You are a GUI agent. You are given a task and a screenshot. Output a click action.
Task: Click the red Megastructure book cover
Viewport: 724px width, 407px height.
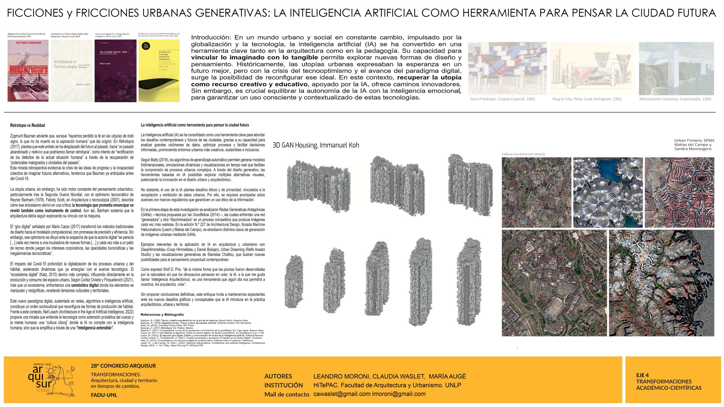coord(28,71)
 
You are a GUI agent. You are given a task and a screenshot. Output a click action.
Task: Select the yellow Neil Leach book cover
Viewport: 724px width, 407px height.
coord(159,71)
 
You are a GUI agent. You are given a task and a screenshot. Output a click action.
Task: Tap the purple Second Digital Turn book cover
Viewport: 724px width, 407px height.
coord(115,71)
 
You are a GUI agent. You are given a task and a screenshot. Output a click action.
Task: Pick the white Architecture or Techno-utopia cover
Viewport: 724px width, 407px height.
coord(72,71)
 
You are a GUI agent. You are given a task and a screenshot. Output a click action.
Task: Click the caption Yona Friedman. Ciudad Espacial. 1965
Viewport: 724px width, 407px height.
coord(502,99)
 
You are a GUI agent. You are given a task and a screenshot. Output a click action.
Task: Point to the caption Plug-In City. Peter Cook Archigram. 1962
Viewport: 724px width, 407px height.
coord(587,99)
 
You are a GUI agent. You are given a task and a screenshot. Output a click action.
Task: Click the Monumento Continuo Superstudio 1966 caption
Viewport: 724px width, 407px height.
coord(675,99)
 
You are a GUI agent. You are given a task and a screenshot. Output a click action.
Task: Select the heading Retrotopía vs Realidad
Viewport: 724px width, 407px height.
coord(27,125)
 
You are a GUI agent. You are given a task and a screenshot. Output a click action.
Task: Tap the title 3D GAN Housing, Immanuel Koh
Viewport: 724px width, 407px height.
coord(316,145)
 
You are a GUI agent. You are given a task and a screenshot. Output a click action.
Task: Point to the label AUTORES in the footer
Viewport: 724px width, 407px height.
coord(278,376)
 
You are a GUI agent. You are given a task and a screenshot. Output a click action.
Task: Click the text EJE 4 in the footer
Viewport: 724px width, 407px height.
coord(642,375)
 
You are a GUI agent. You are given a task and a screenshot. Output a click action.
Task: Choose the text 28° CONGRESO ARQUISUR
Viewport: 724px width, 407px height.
coord(123,366)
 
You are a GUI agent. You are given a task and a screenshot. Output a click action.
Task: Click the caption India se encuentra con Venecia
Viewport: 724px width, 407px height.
coord(523,154)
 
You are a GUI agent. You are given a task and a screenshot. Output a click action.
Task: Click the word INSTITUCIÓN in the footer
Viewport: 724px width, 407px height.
coord(283,385)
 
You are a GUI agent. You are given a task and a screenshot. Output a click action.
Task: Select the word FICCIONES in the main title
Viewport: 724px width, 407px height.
coord(35,13)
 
